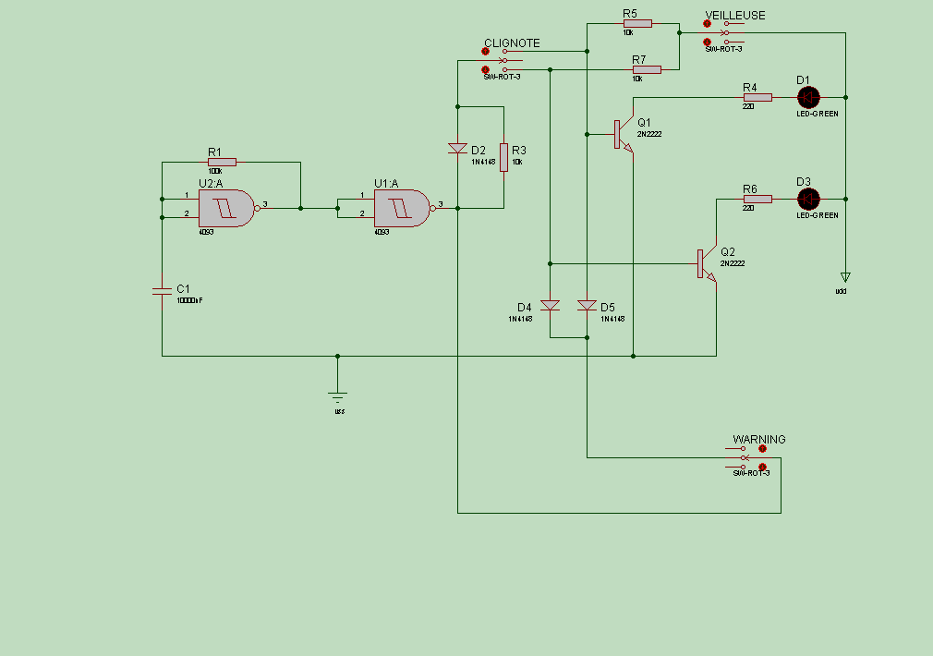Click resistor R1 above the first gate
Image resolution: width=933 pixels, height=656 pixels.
point(222,162)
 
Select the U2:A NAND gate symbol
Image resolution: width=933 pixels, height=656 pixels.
point(225,208)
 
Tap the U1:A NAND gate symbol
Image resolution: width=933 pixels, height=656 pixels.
point(401,208)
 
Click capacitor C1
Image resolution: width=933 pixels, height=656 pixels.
point(162,291)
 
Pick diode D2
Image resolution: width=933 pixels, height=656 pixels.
point(457,148)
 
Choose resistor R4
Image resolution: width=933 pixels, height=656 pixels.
point(757,97)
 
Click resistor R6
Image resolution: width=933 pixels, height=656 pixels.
point(757,199)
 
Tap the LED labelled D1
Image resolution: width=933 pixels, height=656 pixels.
point(808,97)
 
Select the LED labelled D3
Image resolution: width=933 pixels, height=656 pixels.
point(808,199)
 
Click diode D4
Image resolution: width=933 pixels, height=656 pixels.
point(550,305)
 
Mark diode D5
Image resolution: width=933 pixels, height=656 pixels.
point(587,305)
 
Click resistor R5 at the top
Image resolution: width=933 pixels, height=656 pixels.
point(637,23)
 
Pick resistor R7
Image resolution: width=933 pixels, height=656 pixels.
point(647,69)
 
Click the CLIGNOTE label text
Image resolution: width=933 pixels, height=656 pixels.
point(512,43)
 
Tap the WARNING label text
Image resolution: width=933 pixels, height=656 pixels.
point(759,440)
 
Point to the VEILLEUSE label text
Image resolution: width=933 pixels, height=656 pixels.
point(735,16)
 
